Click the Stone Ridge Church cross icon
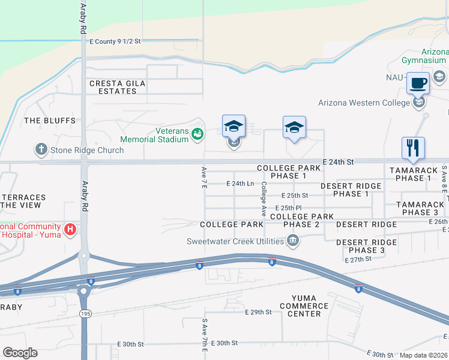[x=41, y=150]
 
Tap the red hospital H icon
[x=70, y=229]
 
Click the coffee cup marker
[x=418, y=83]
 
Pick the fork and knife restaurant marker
[x=413, y=148]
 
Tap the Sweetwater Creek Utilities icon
[x=292, y=241]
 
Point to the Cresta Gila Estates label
[x=113, y=87]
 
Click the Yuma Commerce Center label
[x=310, y=306]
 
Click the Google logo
[x=20, y=353]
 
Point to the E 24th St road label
[x=338, y=162]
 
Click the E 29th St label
[x=259, y=313]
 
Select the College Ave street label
[x=263, y=199]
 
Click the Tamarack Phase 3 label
[x=420, y=208]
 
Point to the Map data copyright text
[x=423, y=355]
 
